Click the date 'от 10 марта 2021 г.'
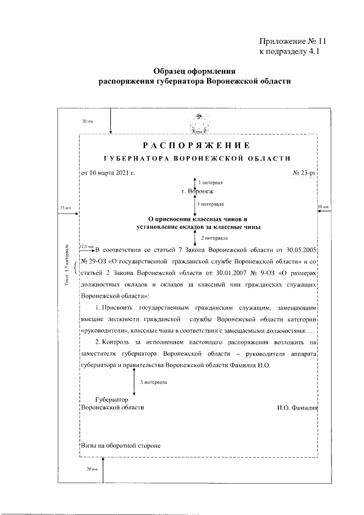[107, 172]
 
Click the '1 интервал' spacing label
[211, 183]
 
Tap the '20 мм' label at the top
[87, 121]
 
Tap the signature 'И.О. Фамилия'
[296, 407]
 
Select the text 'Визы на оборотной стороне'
[121, 446]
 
